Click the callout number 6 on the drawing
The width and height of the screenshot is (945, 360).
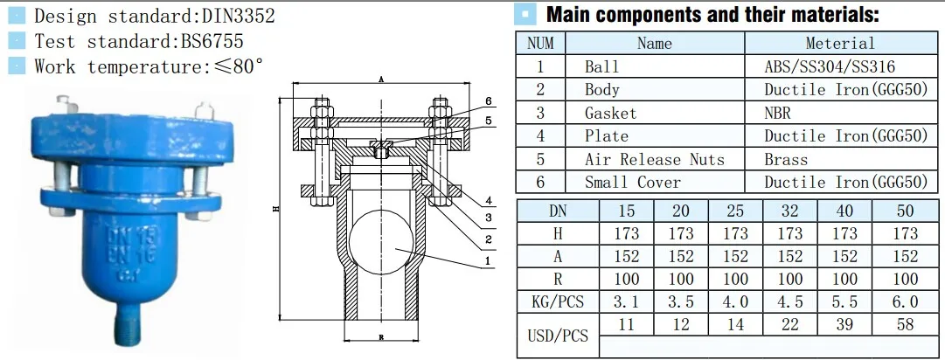tap(490, 100)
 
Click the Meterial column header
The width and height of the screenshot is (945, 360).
tap(839, 44)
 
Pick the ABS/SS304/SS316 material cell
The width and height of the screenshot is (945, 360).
tap(830, 66)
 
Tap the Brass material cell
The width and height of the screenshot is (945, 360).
tap(786, 159)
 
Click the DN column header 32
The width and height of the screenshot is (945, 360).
tap(789, 211)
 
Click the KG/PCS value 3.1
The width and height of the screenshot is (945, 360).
tap(626, 301)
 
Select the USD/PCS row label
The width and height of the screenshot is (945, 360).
tap(558, 336)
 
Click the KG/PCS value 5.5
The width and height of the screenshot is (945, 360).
tap(844, 301)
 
